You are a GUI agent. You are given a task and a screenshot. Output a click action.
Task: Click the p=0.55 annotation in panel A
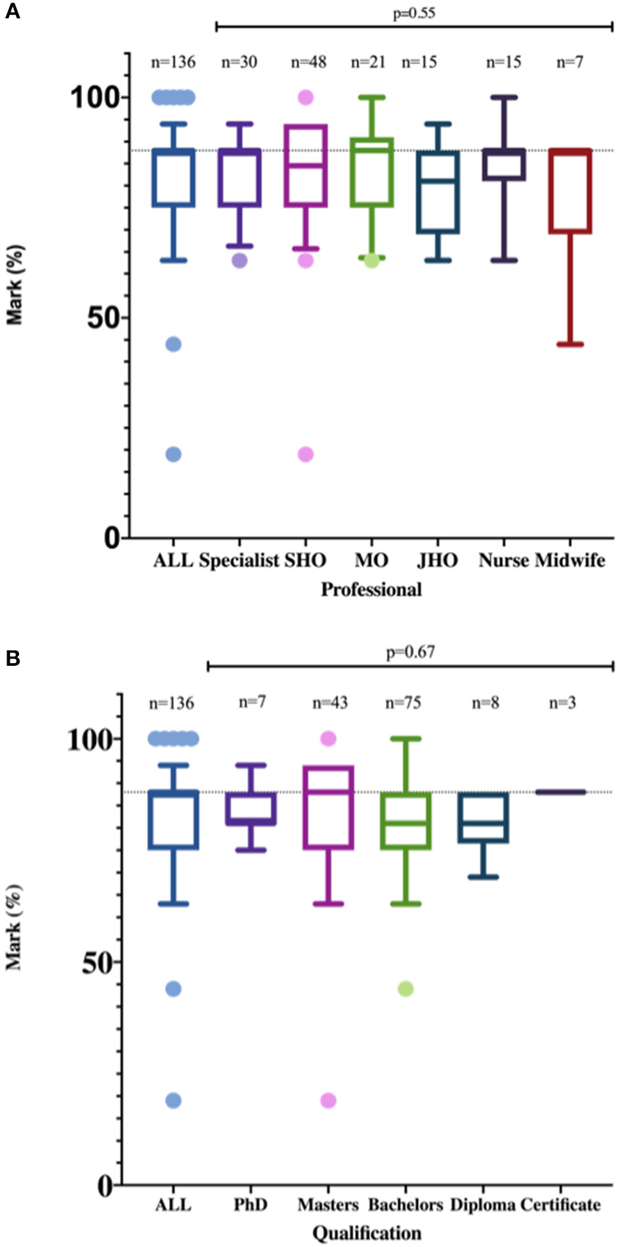coord(413,13)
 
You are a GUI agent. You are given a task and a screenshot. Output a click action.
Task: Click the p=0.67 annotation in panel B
coord(410,652)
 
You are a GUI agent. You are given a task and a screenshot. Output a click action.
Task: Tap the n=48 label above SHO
coord(308,62)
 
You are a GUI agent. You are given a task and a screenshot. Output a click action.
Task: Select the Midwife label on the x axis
coord(570,560)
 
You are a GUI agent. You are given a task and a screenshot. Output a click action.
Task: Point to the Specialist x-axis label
coord(239,560)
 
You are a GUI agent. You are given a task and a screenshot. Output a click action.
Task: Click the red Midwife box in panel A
coord(570,191)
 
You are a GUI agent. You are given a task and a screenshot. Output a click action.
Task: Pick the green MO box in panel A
coord(372,173)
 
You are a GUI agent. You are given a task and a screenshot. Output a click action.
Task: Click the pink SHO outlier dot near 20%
coord(306,454)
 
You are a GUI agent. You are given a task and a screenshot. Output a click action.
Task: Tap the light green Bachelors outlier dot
coord(405,989)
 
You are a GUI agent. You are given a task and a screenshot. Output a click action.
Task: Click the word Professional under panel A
coord(371,589)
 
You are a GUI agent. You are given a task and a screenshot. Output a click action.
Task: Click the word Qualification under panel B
coord(367,1233)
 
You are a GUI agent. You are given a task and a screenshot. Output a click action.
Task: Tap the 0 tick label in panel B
coord(105,1185)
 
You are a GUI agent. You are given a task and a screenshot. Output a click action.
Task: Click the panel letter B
coord(12,658)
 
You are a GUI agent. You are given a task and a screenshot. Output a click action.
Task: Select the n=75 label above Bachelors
coord(403,703)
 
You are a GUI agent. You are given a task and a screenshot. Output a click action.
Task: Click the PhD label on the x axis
coord(251,1204)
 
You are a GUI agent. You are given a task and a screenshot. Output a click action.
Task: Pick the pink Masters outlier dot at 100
coord(328,739)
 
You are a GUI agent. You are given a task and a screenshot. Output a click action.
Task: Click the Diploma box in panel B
coord(484,817)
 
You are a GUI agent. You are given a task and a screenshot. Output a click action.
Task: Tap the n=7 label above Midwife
coord(569,62)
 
